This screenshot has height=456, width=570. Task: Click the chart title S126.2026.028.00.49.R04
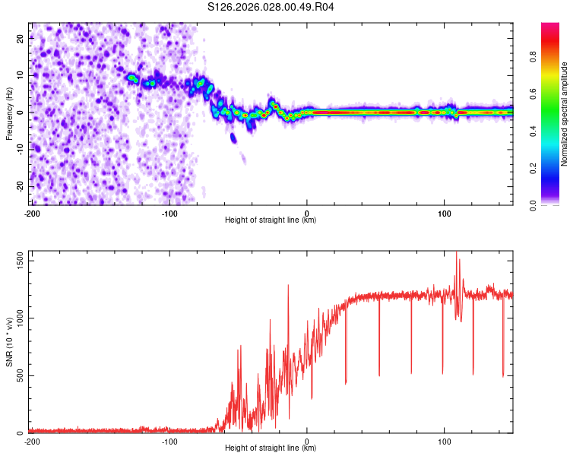(271, 7)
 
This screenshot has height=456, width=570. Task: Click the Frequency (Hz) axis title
(9, 114)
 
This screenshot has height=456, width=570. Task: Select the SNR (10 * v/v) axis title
(9, 342)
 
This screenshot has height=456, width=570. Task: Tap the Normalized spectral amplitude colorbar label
(565, 114)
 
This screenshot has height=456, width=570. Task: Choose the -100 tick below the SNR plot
(169, 442)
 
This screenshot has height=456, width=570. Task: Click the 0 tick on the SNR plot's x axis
(307, 442)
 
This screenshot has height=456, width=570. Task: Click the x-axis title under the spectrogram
(271, 220)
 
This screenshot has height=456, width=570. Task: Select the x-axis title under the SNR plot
(271, 448)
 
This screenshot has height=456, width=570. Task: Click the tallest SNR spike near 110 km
(457, 254)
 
